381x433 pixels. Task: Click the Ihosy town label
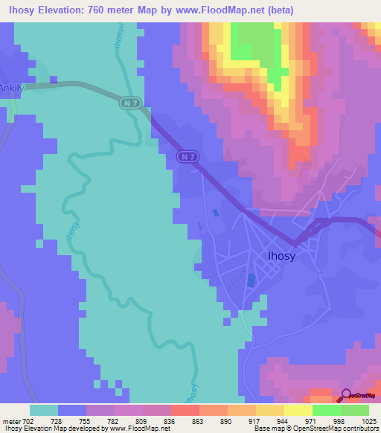coord(281,256)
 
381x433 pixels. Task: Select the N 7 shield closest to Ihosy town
coord(188,157)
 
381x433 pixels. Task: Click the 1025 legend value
coord(368,422)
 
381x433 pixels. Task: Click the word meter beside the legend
coord(11,422)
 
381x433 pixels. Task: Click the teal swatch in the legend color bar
coord(44,410)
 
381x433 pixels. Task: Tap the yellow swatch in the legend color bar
coord(298,410)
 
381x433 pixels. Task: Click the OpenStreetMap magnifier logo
coord(345,395)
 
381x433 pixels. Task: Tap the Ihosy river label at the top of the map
coord(118,37)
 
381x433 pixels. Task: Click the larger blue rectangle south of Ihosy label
coord(250,281)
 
